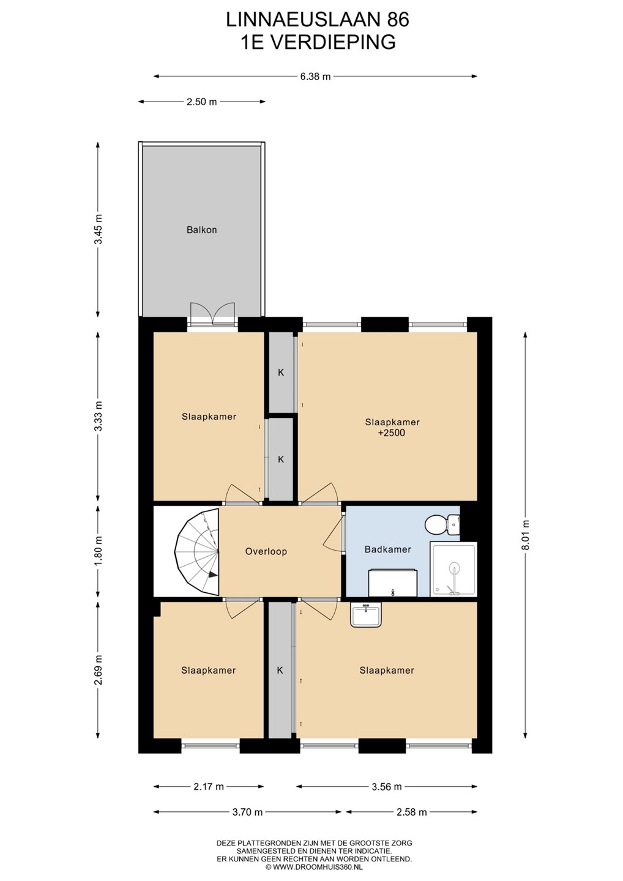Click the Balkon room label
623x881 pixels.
(x=201, y=229)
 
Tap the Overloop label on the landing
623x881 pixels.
(x=266, y=551)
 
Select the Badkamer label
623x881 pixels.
(x=387, y=549)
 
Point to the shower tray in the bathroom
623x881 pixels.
(x=453, y=570)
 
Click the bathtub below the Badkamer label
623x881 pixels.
(x=392, y=582)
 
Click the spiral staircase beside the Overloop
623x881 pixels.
(x=197, y=552)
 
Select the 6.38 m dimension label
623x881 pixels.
(x=315, y=76)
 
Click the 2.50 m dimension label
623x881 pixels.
(x=202, y=102)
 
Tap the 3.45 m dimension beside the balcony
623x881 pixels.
(x=98, y=229)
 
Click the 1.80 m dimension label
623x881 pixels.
(x=98, y=551)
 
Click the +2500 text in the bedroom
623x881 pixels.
(x=392, y=433)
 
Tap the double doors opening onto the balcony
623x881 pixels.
(x=212, y=313)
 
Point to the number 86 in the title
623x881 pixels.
(x=398, y=20)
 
